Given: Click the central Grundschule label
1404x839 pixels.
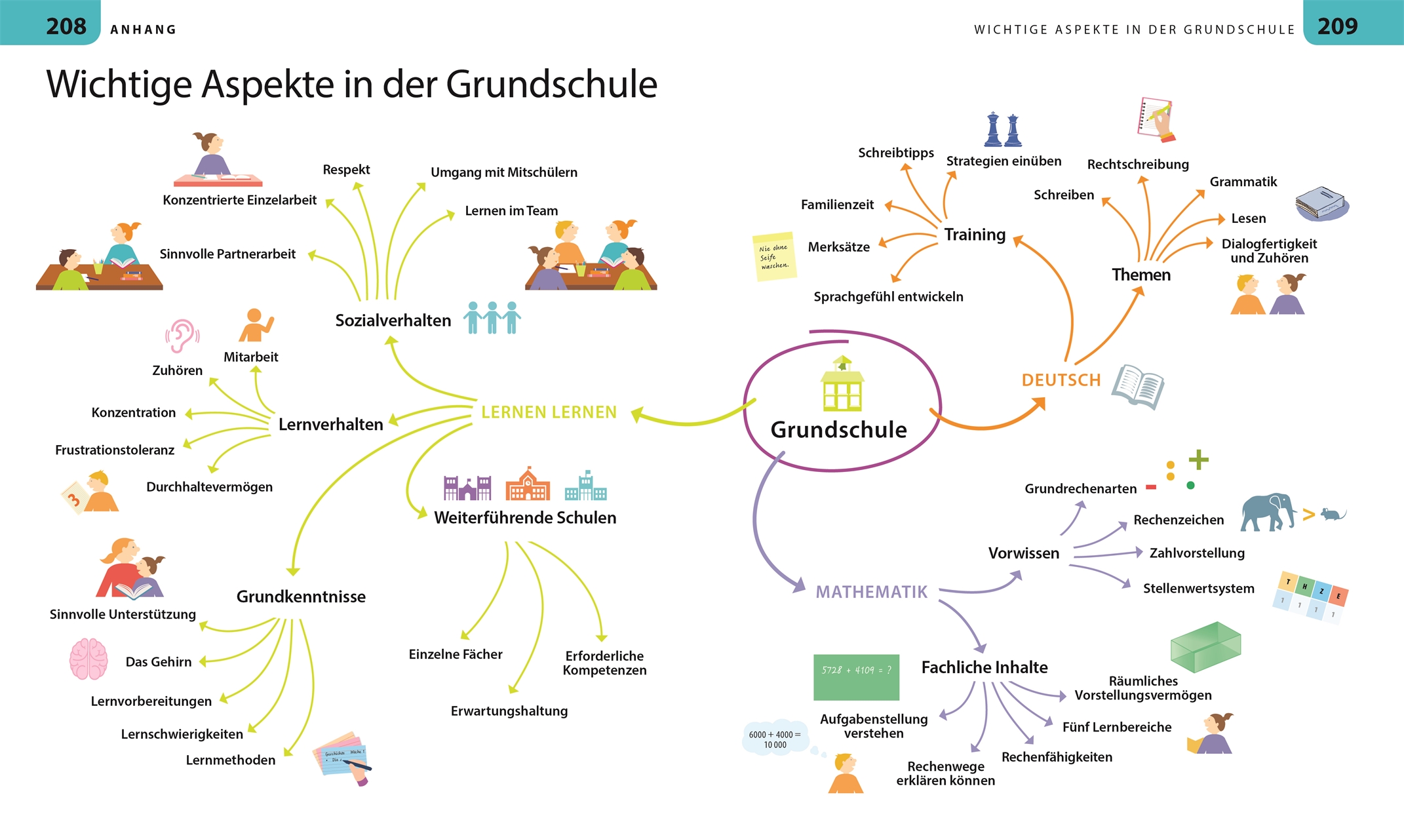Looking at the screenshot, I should point(838,430).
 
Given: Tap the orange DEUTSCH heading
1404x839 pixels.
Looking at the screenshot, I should point(1061,380).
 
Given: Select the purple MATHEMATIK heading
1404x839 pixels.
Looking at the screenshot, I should point(871,592).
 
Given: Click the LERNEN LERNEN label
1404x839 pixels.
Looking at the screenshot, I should point(549,412).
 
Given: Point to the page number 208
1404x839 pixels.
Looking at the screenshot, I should point(66,26).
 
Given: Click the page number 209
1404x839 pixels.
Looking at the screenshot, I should point(1337,26).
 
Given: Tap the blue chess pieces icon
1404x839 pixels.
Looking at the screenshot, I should point(1003,129).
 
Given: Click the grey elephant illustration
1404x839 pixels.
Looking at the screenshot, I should point(1268,511).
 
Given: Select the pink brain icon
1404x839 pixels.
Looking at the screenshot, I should point(88,659).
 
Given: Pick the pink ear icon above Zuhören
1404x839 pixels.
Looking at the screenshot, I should point(182,336).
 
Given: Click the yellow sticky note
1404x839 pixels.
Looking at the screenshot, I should point(774,256).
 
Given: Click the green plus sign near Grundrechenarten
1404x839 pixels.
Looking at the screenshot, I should point(1198,459).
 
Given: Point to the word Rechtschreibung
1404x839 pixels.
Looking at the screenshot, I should point(1137,165).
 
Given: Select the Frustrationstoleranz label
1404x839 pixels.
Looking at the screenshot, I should point(115,450).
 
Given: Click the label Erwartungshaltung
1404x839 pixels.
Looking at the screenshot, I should point(509,711).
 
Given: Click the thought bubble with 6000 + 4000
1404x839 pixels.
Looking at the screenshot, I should point(775,739).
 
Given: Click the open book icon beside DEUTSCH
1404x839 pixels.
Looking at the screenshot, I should point(1138,387).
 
